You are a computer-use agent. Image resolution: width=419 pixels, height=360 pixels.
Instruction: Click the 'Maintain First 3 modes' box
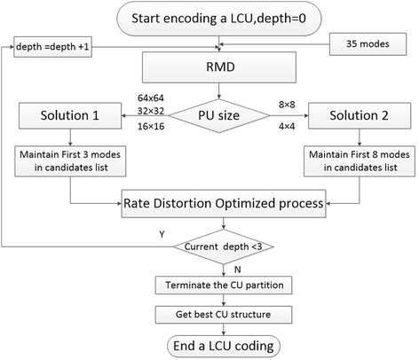(68, 161)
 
